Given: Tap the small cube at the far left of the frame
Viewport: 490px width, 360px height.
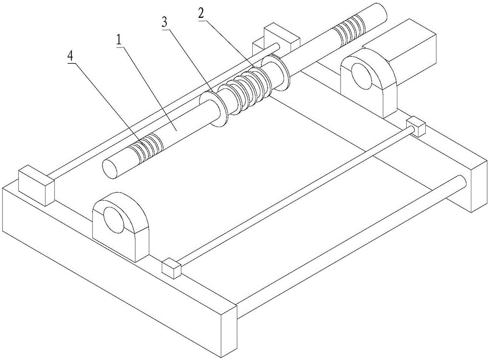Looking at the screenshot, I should [35, 184].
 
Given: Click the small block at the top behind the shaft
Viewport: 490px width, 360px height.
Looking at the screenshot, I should [281, 37].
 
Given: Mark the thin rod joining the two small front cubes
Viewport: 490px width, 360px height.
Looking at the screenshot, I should [294, 196].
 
